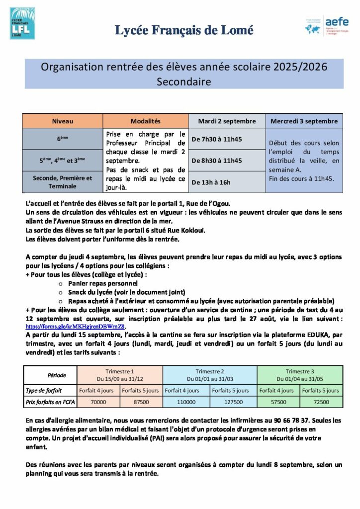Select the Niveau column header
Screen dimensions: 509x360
click(62, 121)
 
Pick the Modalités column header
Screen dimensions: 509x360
click(145, 121)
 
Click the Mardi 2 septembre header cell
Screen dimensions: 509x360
click(227, 121)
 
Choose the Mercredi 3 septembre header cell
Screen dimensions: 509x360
click(304, 121)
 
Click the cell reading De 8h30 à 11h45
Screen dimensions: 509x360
click(217, 161)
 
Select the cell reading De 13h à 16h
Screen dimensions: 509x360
click(211, 182)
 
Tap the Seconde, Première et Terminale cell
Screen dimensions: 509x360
click(62, 182)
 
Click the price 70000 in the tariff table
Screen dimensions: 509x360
click(98, 402)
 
